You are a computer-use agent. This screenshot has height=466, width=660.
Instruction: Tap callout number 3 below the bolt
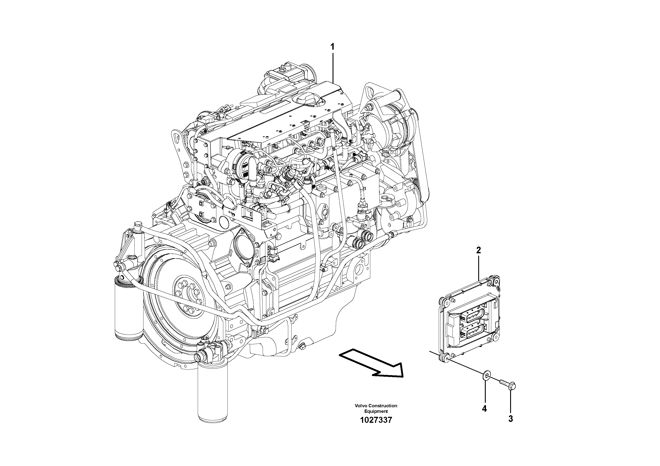511,419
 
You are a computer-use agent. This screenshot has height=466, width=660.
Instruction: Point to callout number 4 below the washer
484,409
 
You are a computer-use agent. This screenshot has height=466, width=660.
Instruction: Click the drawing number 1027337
376,420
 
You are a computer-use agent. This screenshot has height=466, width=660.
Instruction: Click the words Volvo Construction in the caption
376,406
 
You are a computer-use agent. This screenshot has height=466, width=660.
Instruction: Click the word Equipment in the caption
376,411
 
